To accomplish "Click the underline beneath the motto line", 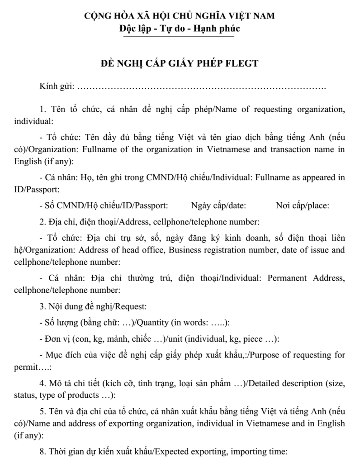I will tap(180, 37).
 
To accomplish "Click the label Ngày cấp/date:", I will tap(218, 205).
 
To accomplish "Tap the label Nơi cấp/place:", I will tap(302, 205).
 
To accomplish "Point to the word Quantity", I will tap(152, 323).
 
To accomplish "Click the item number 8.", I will tap(42, 452).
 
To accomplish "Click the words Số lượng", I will tap(61, 323).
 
